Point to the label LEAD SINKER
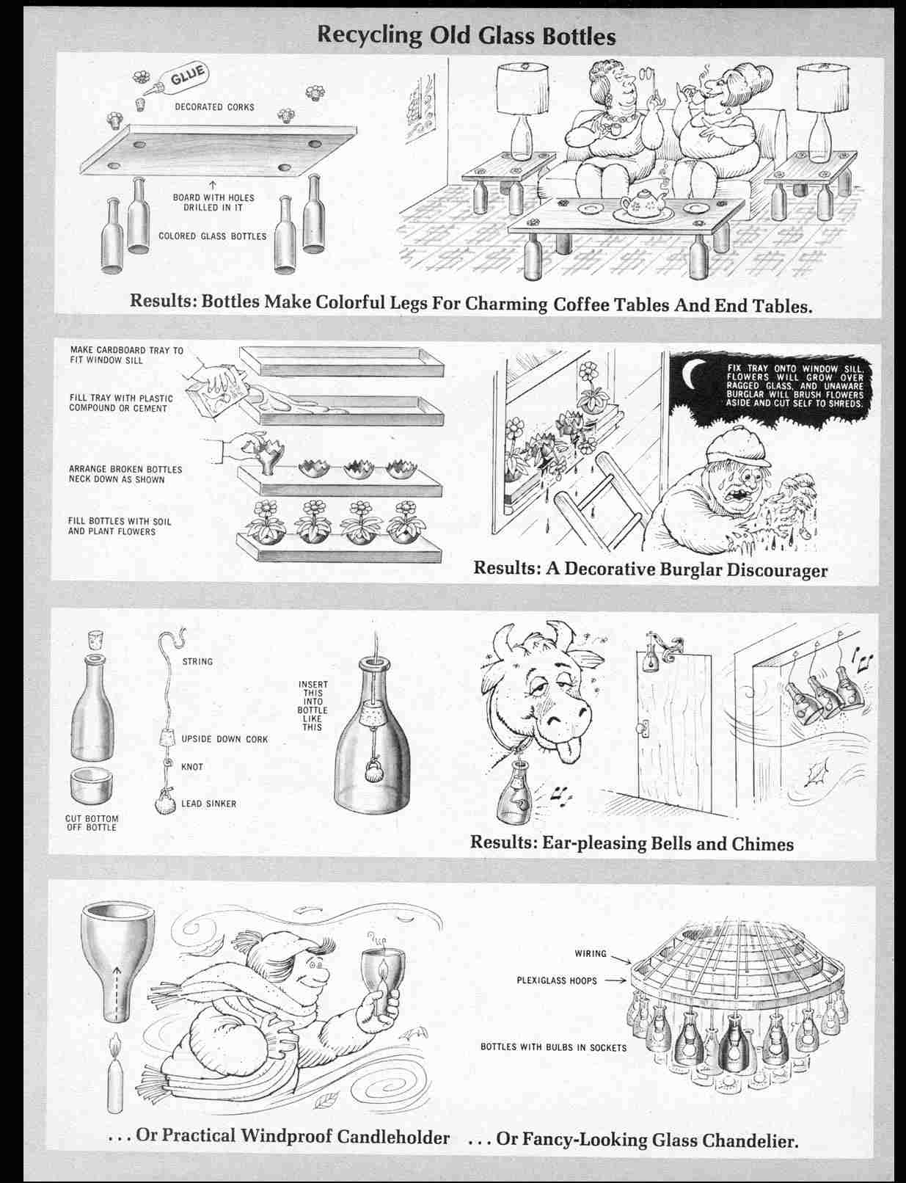[x=209, y=804]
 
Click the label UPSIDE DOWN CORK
[x=224, y=739]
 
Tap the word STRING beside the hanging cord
[x=197, y=661]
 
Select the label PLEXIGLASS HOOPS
[x=556, y=981]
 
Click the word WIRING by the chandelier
[x=591, y=954]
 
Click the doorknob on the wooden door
[x=643, y=729]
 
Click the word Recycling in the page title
[x=370, y=36]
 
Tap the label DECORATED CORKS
[x=214, y=107]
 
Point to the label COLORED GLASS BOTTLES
[x=213, y=236]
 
